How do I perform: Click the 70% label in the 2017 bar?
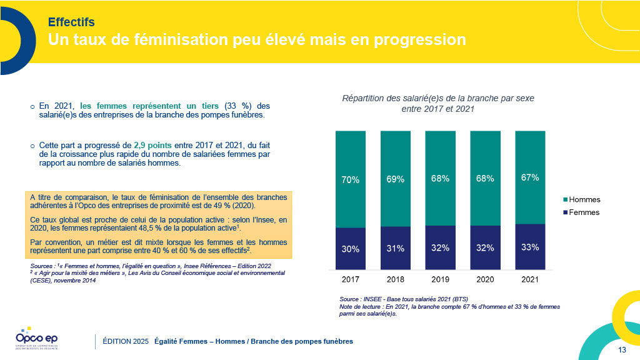pos(350,180)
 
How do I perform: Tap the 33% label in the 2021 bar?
pos(530,247)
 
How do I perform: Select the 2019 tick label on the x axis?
pos(440,279)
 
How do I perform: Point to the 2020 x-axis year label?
pos(485,279)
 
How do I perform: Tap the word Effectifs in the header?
pos(71,22)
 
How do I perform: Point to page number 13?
pos(622,349)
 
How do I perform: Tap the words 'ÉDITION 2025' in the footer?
pos(126,341)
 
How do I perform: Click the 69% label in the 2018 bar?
pos(395,179)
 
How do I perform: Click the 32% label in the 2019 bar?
pos(440,247)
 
